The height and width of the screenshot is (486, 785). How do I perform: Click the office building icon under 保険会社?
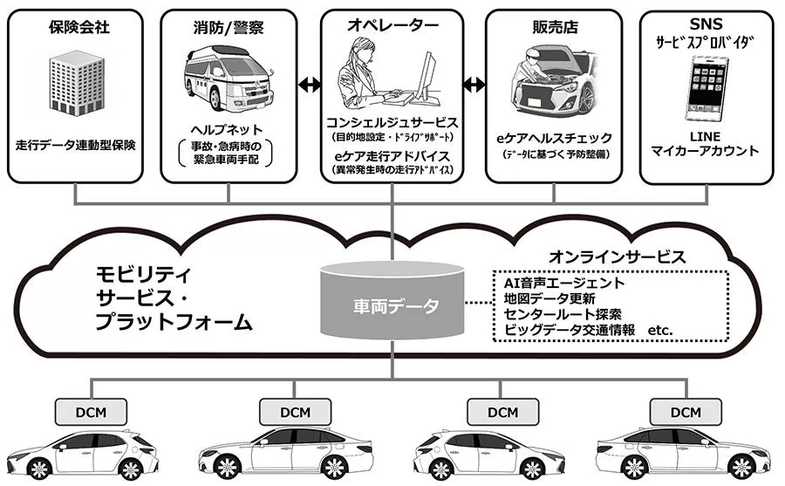[x=77, y=85]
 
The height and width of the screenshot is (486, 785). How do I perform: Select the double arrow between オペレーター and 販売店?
[x=474, y=85]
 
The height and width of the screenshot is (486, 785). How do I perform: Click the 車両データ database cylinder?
[x=392, y=303]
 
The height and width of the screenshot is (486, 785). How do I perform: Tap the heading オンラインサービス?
[x=616, y=257]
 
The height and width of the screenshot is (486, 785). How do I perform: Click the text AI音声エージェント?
[x=564, y=283]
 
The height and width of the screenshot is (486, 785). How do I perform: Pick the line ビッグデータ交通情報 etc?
[x=589, y=329]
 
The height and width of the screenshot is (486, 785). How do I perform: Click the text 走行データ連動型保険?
[x=76, y=145]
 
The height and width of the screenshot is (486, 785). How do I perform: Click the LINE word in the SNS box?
[x=704, y=135]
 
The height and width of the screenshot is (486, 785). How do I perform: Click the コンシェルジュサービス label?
[x=392, y=121]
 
